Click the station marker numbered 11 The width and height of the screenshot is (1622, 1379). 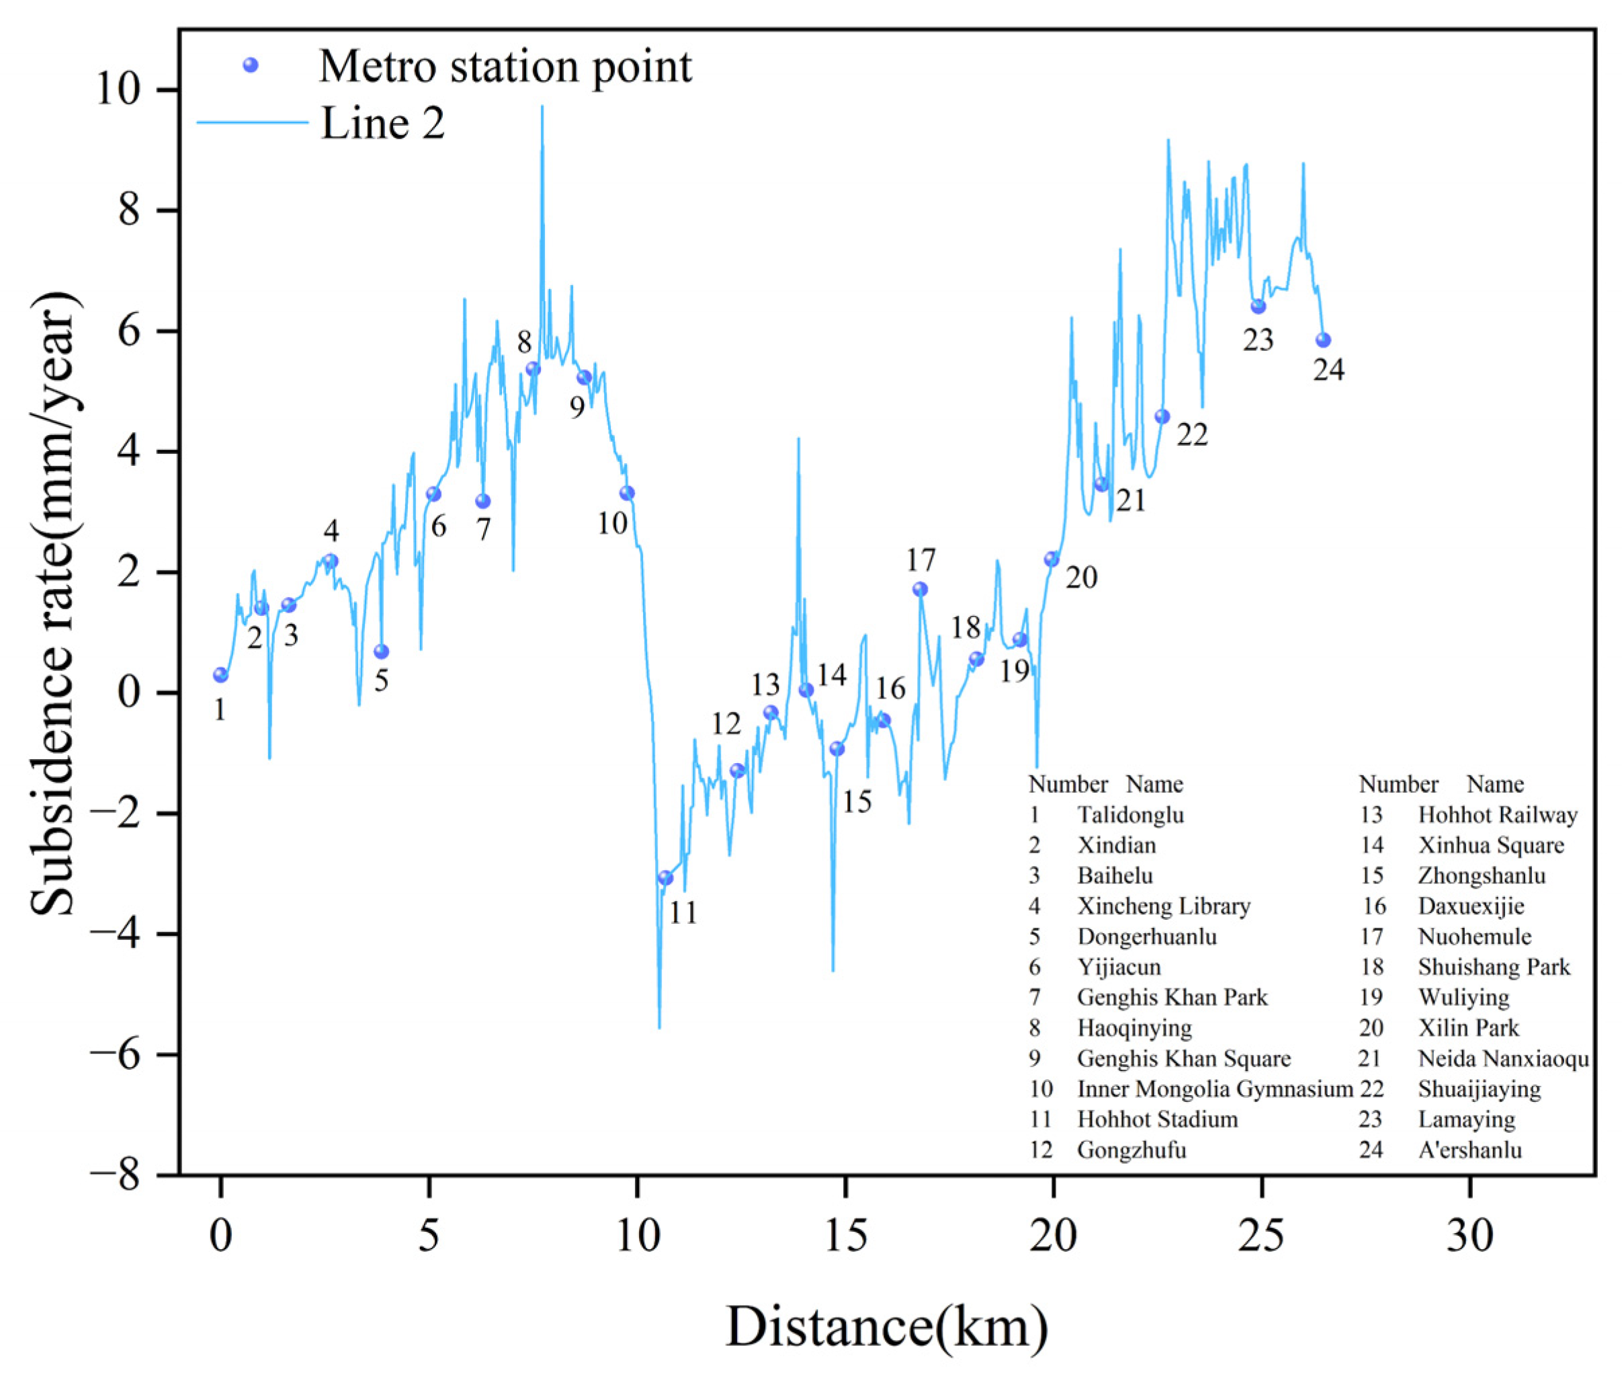click(665, 878)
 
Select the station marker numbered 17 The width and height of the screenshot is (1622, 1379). click(920, 590)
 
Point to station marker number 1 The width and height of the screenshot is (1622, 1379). click(220, 674)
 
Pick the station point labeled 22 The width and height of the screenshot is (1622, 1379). click(1162, 417)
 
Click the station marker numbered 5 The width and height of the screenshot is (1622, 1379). click(381, 652)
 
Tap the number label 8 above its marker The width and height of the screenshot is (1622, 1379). click(524, 342)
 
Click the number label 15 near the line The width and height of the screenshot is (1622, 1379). click(857, 801)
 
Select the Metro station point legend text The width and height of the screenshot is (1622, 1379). click(505, 67)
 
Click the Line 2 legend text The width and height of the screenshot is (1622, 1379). click(383, 124)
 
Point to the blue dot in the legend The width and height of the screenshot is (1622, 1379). click(250, 65)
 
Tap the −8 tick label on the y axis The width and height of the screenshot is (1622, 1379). click(115, 1175)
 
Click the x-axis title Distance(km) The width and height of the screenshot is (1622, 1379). click(887, 1327)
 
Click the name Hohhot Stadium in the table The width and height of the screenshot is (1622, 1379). click(1156, 1119)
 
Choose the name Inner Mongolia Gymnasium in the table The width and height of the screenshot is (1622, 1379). click(1214, 1089)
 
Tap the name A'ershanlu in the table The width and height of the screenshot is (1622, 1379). click(1469, 1150)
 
